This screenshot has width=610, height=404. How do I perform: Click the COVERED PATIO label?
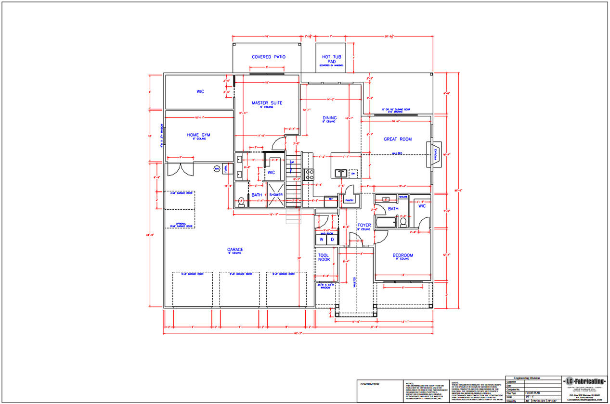268,57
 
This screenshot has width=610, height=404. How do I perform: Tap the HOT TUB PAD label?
332,59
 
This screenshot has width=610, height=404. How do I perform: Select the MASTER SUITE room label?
267,103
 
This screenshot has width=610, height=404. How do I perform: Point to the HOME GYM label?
199,135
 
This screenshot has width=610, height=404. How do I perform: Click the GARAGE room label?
235,250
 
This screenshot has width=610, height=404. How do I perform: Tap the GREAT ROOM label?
397,139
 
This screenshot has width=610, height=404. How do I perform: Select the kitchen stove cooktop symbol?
308,174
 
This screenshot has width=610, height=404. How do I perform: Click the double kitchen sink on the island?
341,173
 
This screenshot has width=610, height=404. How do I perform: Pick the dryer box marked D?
332,240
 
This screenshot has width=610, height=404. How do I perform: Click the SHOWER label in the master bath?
276,195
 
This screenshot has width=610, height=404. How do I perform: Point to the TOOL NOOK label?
324,257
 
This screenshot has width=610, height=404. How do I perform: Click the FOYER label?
363,225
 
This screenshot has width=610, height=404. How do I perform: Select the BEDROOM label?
402,255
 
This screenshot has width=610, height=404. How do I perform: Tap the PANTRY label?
349,200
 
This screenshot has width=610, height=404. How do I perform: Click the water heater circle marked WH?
217,168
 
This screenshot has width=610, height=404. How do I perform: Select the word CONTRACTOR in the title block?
370,384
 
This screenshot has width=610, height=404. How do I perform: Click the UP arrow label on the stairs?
292,163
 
